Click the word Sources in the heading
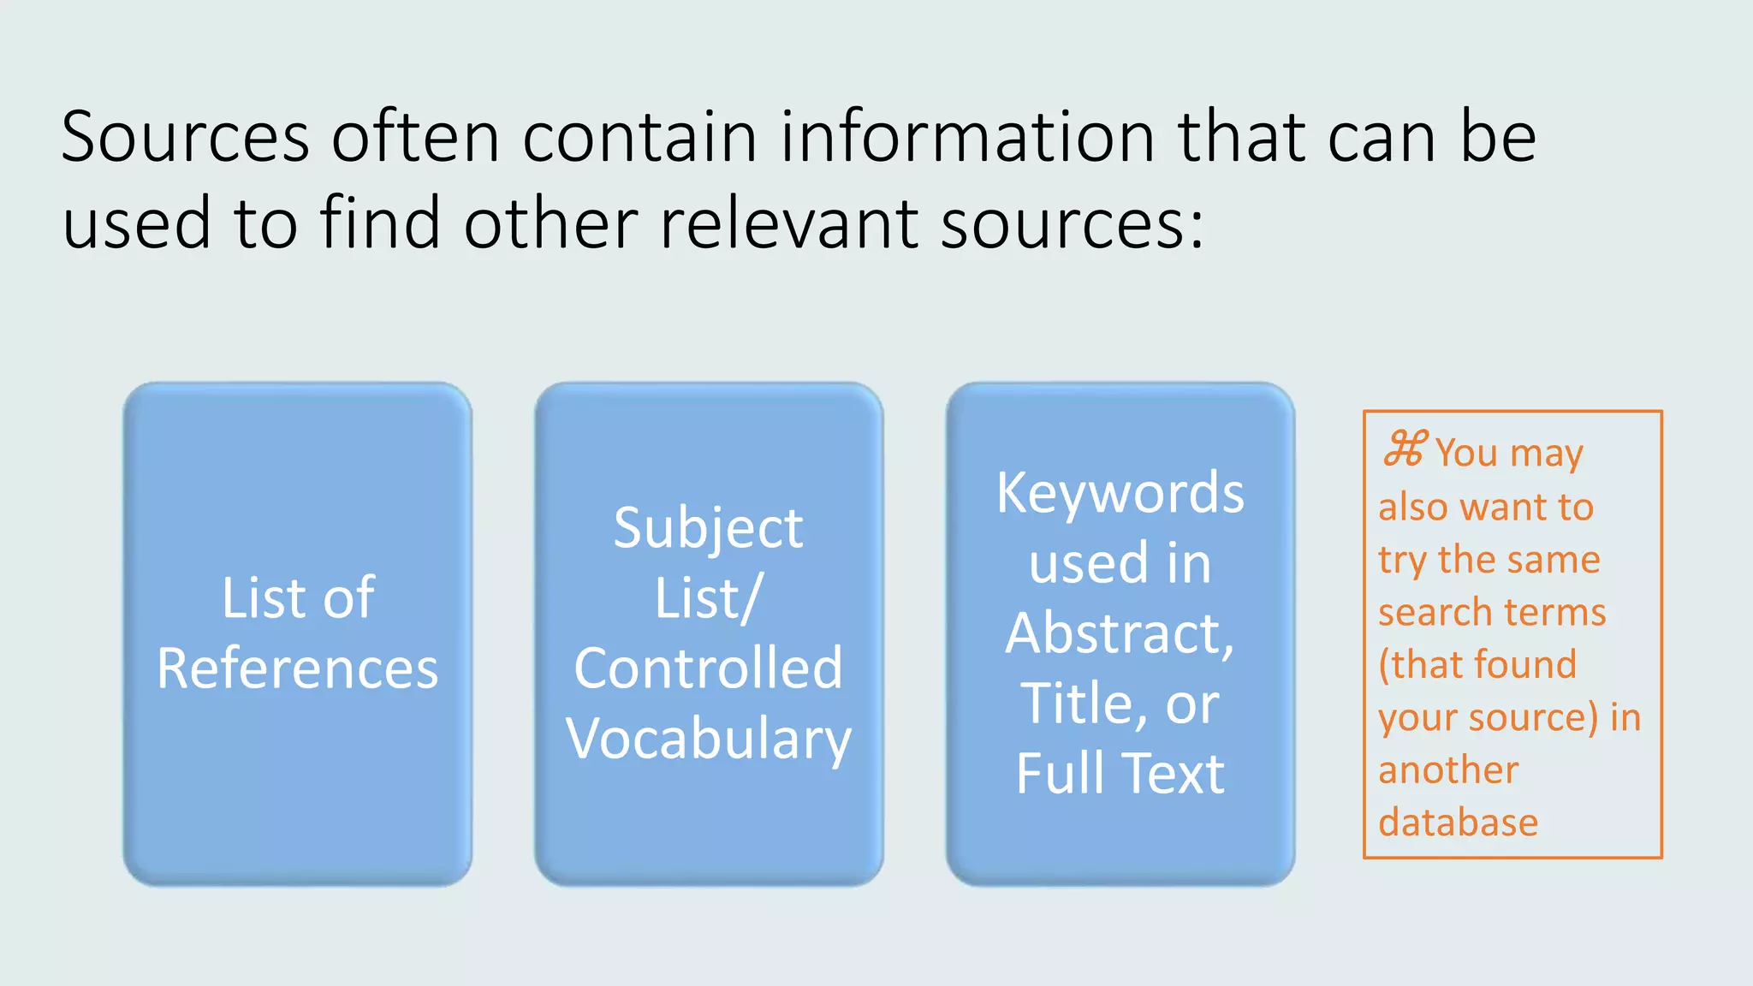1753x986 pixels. tap(185, 137)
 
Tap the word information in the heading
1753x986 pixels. tap(968, 137)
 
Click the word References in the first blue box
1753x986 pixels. tap(297, 668)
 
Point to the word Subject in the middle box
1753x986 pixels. tap(709, 529)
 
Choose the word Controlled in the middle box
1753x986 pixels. tap(709, 668)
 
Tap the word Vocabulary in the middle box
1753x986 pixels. tap(709, 739)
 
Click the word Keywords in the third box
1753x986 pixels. tap(1120, 494)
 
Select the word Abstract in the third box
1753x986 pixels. tap(1118, 634)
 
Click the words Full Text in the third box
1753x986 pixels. tap(1120, 774)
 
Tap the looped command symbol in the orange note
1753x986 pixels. tap(1405, 449)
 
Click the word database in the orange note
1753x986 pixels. tap(1458, 823)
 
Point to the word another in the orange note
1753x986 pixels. tap(1448, 770)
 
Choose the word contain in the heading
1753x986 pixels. tap(639, 137)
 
